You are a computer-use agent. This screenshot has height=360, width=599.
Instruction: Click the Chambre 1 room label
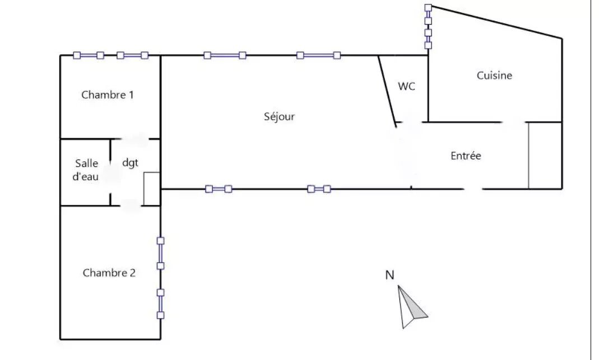click(108, 95)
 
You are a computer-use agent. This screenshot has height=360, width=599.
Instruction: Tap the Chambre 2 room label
click(109, 273)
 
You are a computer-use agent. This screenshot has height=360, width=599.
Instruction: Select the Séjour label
click(279, 116)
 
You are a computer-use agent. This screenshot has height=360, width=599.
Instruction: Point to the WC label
click(407, 87)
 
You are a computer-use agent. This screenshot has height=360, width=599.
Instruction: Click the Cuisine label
click(494, 75)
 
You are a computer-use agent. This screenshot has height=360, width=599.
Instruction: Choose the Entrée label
click(466, 156)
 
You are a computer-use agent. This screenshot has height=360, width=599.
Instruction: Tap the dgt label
click(130, 162)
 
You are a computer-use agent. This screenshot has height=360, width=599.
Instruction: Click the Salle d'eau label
click(86, 170)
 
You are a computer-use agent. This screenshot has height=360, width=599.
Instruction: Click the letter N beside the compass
click(390, 275)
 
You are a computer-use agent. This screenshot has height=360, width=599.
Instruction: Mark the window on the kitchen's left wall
click(428, 27)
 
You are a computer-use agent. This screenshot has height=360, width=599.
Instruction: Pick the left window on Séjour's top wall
click(225, 55)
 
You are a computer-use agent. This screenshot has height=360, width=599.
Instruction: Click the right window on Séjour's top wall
click(318, 55)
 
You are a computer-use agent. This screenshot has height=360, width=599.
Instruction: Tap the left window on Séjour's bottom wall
click(219, 189)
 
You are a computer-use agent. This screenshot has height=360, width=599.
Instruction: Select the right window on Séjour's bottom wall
click(319, 189)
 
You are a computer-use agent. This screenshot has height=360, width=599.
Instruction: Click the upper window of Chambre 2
click(161, 253)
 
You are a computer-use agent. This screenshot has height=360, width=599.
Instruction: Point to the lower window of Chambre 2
click(161, 303)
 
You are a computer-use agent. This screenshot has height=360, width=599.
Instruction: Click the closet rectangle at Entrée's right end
click(545, 156)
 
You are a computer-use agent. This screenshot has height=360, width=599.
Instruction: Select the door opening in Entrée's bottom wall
click(473, 189)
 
